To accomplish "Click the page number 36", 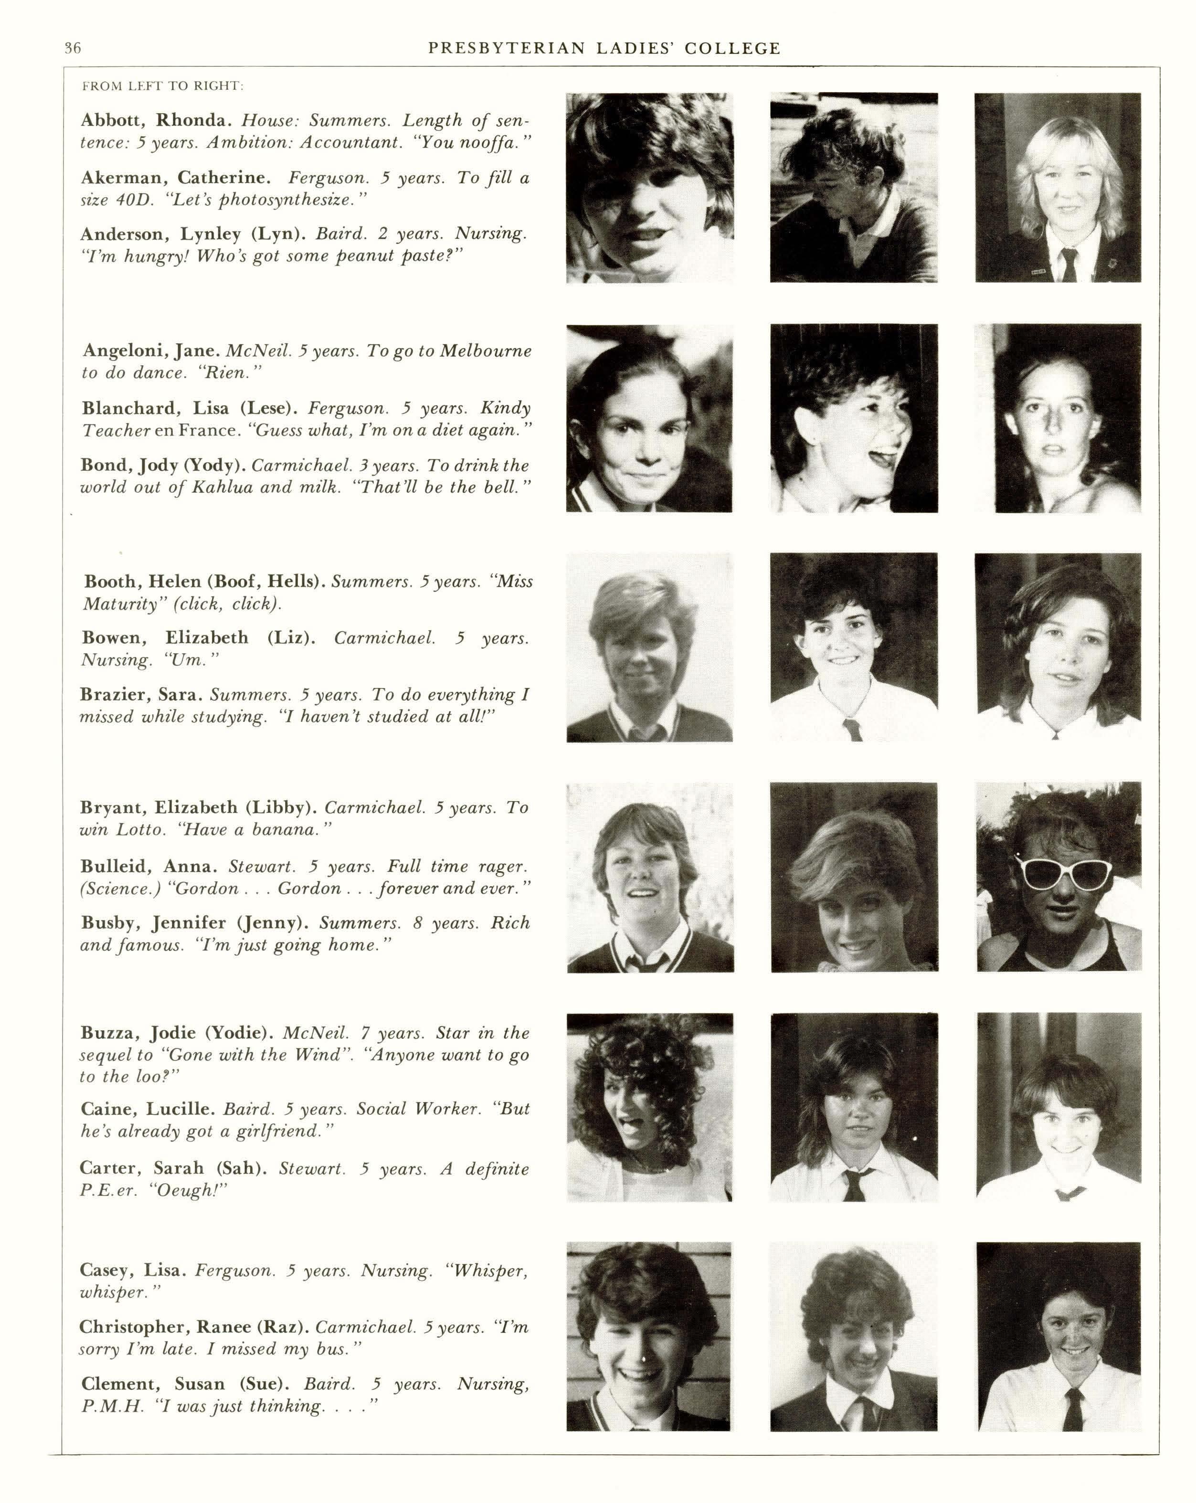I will click(73, 48).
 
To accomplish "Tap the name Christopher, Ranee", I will click(194, 1327).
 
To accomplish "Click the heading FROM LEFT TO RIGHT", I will click(162, 86).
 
